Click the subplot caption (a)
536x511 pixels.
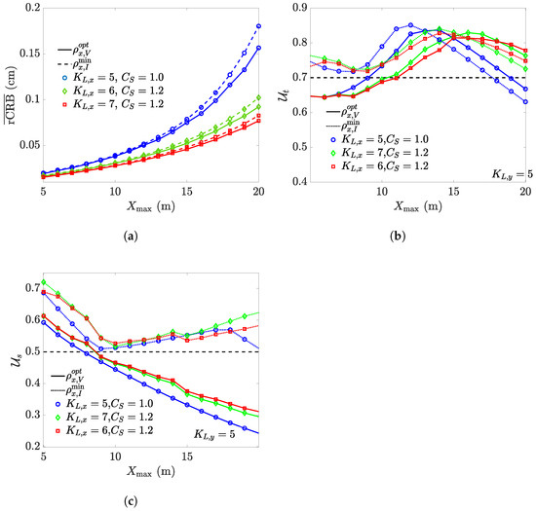click(141, 237)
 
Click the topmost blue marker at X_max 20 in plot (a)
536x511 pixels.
click(258, 26)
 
